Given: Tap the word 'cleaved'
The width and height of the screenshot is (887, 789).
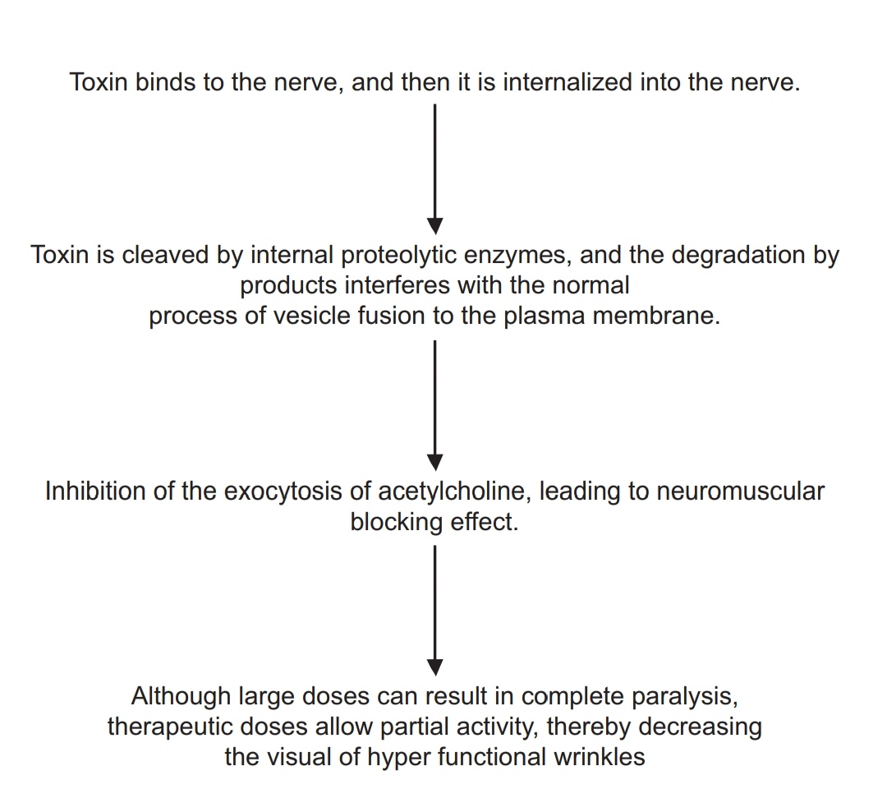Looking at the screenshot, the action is pos(166,255).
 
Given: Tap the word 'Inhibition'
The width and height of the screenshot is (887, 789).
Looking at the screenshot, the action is pos(95,491).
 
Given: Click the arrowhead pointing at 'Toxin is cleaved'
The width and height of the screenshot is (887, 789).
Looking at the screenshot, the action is pos(434,226).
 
